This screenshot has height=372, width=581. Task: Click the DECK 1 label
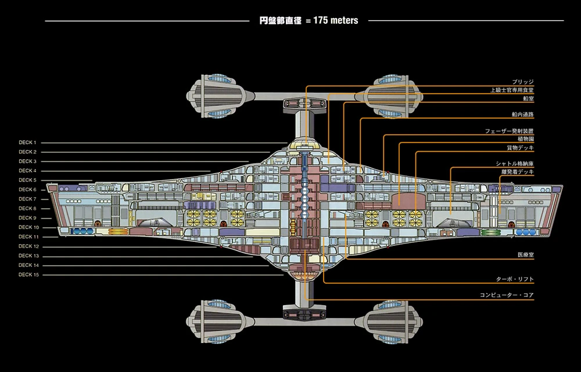pos(27,142)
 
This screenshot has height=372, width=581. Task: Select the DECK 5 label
pos(27,180)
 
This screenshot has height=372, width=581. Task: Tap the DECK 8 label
pos(27,208)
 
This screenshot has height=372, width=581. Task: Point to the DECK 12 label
pos(28,246)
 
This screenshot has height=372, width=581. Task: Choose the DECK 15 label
pos(28,274)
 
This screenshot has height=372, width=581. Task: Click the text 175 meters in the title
pos(335,21)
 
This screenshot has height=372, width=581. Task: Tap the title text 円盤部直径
pos(281,21)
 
